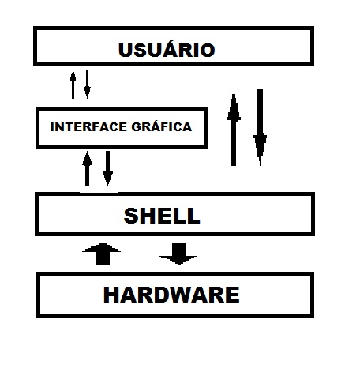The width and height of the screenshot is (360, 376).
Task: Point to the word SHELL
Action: tap(162, 216)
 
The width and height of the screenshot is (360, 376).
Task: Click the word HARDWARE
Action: tap(171, 295)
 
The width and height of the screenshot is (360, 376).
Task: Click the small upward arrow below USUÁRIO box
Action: tap(73, 85)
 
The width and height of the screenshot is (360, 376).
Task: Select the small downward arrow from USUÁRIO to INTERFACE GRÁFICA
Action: tap(87, 85)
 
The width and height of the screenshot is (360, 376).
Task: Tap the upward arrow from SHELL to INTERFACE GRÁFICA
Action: tap(87, 168)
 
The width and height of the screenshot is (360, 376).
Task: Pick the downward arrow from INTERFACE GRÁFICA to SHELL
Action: tap(107, 168)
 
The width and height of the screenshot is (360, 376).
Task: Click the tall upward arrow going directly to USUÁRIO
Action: tap(234, 128)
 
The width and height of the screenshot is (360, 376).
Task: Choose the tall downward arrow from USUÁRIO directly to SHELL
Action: tap(260, 128)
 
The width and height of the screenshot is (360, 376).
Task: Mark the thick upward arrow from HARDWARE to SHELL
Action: tap(102, 254)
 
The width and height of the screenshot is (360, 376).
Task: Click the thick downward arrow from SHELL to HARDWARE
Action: tap(178, 254)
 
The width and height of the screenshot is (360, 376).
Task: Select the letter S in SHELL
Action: tap(131, 216)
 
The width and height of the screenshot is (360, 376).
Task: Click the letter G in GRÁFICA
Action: tap(136, 127)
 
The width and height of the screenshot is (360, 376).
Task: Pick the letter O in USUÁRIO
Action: tap(208, 50)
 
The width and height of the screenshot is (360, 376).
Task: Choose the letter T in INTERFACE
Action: tap(68, 127)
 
